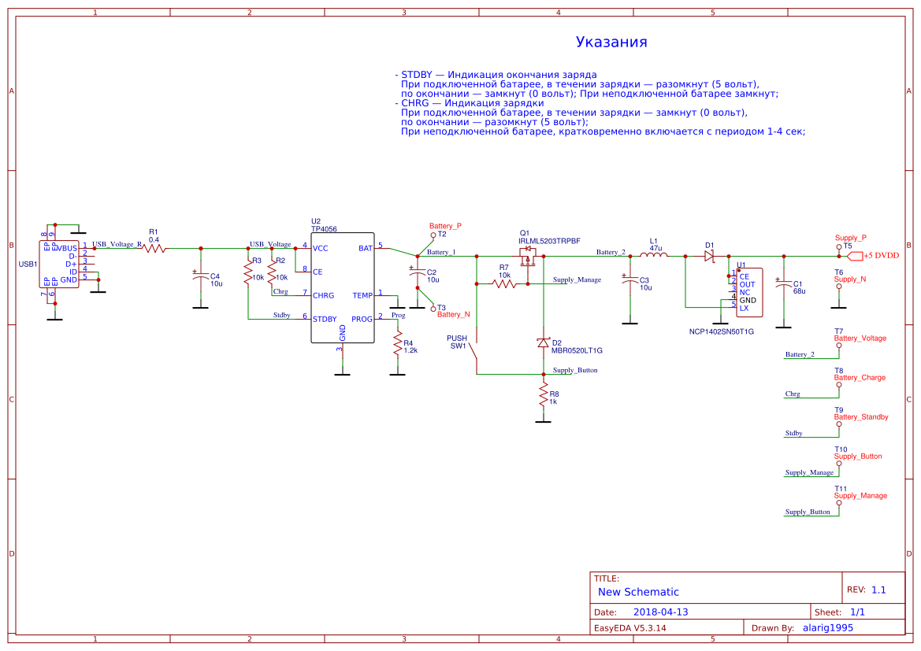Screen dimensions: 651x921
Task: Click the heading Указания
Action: click(x=611, y=43)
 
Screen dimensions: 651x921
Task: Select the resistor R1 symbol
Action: click(x=154, y=248)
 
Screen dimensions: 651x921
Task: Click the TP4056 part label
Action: click(x=323, y=228)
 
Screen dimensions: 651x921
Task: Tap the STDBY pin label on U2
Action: click(x=325, y=319)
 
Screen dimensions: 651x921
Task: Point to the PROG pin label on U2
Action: click(x=362, y=319)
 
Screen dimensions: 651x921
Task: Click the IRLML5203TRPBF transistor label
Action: click(x=549, y=240)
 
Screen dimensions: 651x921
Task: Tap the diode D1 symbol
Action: click(x=708, y=256)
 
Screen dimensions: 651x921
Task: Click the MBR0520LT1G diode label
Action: click(x=576, y=350)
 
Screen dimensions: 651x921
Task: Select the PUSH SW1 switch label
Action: click(x=457, y=342)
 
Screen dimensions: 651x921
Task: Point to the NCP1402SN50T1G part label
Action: click(x=721, y=331)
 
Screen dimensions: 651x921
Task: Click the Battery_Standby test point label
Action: click(x=861, y=416)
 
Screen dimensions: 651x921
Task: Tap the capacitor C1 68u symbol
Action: click(x=782, y=284)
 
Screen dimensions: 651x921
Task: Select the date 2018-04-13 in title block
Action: click(x=660, y=612)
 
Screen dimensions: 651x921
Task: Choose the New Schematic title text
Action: click(x=638, y=592)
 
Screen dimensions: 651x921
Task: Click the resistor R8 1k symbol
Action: click(x=543, y=395)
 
